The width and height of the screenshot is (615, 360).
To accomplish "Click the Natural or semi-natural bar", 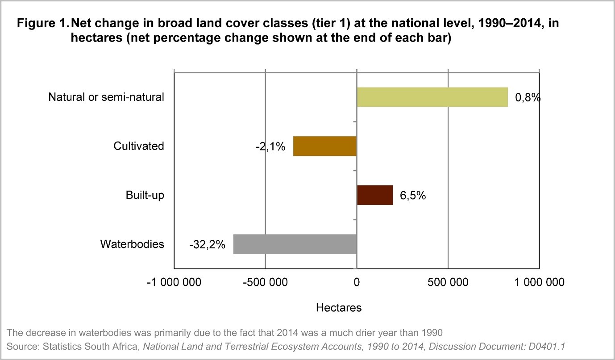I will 432,97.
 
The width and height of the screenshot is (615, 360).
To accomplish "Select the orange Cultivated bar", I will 324,146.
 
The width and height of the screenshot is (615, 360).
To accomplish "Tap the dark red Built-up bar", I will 374,195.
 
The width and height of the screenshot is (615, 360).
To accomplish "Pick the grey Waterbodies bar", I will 295,244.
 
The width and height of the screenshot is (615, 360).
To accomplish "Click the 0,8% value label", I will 528,97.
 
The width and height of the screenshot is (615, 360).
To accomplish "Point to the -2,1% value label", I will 270,147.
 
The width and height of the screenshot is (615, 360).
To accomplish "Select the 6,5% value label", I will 412,196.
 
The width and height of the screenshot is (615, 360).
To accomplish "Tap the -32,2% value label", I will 207,245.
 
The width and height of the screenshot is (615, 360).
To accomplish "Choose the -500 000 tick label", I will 265,282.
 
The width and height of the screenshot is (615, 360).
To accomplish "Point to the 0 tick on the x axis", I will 357,282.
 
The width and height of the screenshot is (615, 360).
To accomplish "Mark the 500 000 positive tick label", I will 448,282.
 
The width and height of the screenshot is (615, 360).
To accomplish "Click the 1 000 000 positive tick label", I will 539,282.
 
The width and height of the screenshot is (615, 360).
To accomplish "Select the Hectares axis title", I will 339,308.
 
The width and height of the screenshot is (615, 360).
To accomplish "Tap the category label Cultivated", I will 139,146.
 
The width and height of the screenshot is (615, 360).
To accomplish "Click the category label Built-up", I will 145,195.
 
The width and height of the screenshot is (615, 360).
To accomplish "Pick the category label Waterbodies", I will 132,244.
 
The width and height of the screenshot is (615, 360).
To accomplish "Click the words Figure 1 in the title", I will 42,24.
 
